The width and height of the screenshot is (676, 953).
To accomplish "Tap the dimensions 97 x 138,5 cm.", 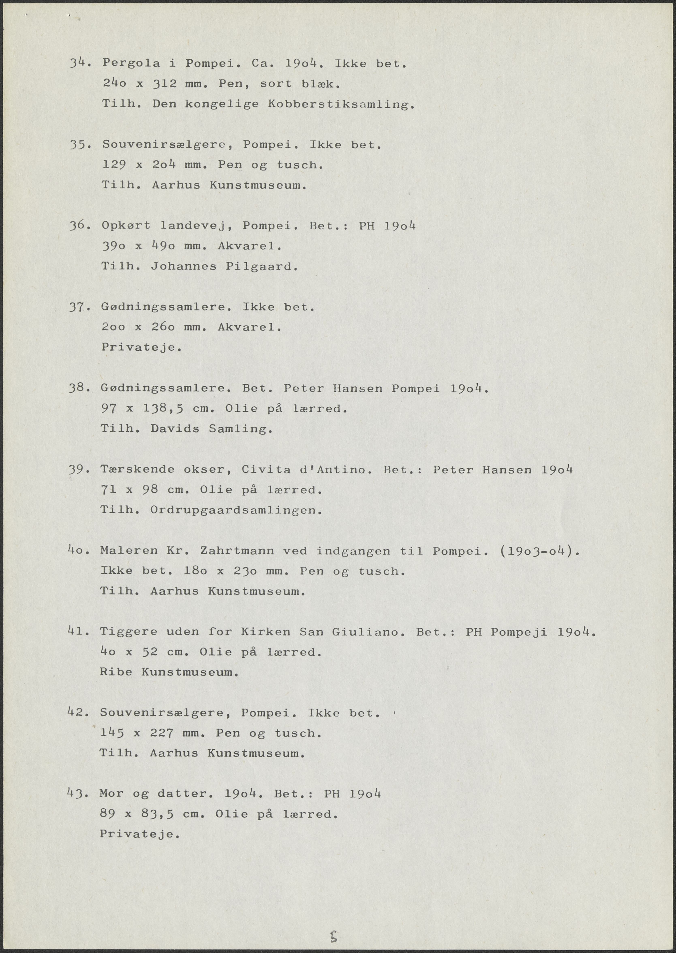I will click(157, 409).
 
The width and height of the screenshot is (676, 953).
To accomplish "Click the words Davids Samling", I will click(212, 429).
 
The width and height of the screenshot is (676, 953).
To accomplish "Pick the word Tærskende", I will click(137, 469).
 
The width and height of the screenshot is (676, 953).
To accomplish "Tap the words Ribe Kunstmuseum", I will click(169, 672).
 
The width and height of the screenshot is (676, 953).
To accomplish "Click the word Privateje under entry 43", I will click(140, 834).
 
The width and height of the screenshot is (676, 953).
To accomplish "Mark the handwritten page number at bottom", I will click(333, 925).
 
